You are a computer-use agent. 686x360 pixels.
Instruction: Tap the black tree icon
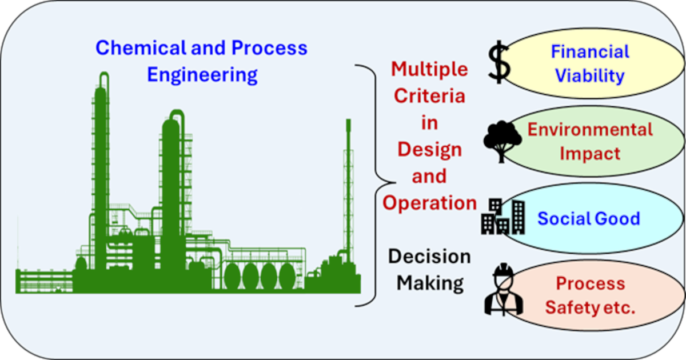click(502, 141)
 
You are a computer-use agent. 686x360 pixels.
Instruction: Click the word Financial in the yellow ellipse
click(590, 51)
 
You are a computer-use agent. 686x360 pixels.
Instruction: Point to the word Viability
click(590, 75)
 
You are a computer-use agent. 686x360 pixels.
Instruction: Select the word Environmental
click(590, 129)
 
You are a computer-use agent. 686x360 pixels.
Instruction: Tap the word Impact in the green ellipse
click(590, 153)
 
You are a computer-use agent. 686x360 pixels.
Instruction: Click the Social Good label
click(589, 218)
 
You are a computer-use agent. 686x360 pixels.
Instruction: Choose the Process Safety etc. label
click(591, 295)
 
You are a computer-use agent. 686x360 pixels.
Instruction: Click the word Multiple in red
click(429, 70)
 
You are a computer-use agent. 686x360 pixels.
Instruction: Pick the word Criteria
click(430, 96)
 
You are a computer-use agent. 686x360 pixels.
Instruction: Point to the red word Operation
click(430, 202)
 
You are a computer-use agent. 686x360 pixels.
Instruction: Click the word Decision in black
click(429, 257)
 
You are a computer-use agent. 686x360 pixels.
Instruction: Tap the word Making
click(430, 282)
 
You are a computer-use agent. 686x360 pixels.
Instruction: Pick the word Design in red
click(430, 149)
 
